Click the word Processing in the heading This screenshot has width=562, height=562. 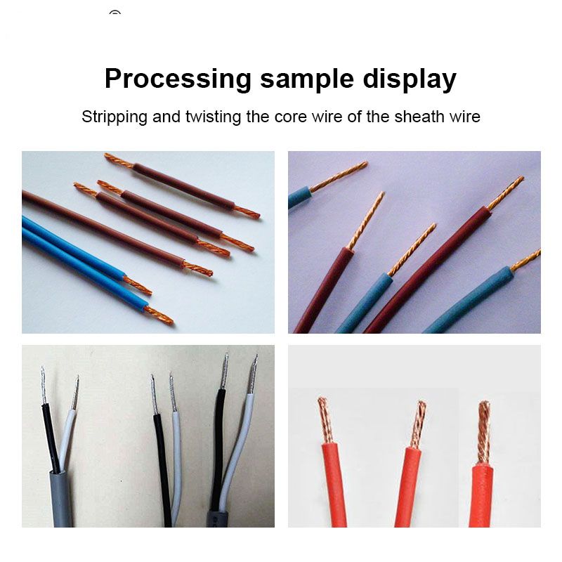(x=178, y=79)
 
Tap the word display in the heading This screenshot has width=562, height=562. (x=410, y=79)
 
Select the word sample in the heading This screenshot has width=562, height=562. (x=307, y=79)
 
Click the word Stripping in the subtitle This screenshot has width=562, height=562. (x=115, y=117)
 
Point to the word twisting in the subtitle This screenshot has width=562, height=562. (x=213, y=117)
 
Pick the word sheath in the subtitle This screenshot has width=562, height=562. (x=419, y=117)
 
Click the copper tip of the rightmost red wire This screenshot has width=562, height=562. (x=484, y=432)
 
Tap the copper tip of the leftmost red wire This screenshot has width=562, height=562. (x=325, y=420)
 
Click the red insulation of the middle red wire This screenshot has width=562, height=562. (x=408, y=487)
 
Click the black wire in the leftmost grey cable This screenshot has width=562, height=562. (x=51, y=438)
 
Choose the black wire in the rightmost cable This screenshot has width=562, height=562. (x=218, y=448)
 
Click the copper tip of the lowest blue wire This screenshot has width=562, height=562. (x=158, y=315)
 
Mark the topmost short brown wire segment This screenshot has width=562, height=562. (x=183, y=186)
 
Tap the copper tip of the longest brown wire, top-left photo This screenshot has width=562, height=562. (x=197, y=268)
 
